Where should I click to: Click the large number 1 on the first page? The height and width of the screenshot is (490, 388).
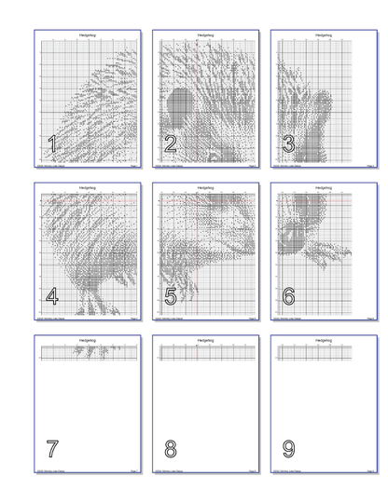(52, 143)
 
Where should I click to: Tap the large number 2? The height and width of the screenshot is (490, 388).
(170, 143)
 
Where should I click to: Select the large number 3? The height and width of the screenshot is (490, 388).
(288, 143)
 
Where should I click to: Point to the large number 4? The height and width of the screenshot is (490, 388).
(52, 296)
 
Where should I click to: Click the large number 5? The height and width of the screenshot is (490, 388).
(170, 296)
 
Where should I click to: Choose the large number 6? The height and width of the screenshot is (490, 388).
(288, 296)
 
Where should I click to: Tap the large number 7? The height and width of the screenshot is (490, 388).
(52, 449)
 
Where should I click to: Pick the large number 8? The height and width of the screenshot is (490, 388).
(170, 449)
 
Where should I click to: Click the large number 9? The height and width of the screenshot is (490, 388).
(288, 449)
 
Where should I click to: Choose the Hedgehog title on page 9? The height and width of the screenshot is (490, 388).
(324, 341)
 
